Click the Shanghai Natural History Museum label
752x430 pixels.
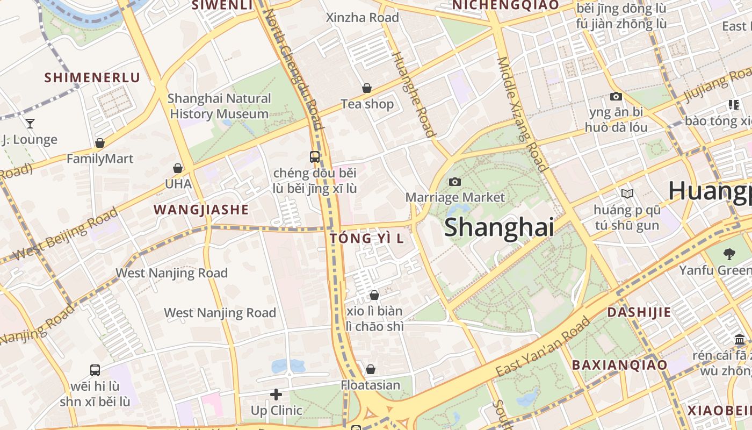pos(219,106)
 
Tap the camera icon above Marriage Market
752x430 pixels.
pos(455,182)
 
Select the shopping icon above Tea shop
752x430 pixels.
pos(367,88)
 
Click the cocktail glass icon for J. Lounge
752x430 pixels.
pos(30,124)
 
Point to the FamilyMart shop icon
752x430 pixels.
pos(100,143)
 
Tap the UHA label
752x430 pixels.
pos(178,183)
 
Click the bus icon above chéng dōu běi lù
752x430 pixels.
pos(315,157)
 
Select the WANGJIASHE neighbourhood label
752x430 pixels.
pos(201,210)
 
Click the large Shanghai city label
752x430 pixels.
pos(499,227)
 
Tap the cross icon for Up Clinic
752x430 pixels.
pos(276,395)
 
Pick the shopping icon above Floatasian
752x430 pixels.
pos(371,369)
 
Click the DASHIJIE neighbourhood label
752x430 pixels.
pos(639,312)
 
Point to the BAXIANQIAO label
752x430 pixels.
pos(619,365)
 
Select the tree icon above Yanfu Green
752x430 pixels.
pos(729,254)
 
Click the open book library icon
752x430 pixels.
pos(627,193)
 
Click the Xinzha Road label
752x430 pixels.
pos(363,18)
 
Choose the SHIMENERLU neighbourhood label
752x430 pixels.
pos(92,77)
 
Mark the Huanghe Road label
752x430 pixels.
pos(413,94)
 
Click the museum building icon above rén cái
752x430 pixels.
pos(740,340)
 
